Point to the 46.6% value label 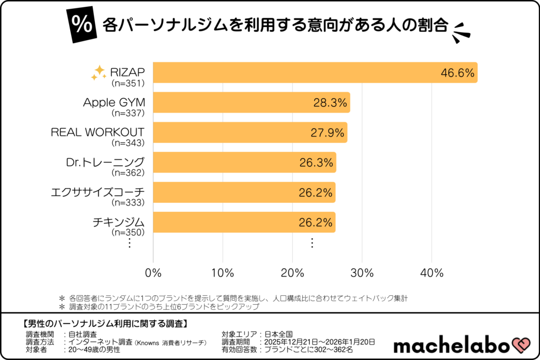tap(458, 73)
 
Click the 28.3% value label tap(331, 103)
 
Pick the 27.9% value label tap(328, 133)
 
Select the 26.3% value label tap(316, 163)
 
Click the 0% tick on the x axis tap(153, 273)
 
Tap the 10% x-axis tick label tap(223, 273)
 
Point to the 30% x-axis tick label tap(362, 273)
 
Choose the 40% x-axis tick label tap(432, 273)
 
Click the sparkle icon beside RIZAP tap(98, 73)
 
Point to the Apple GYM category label tap(114, 102)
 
